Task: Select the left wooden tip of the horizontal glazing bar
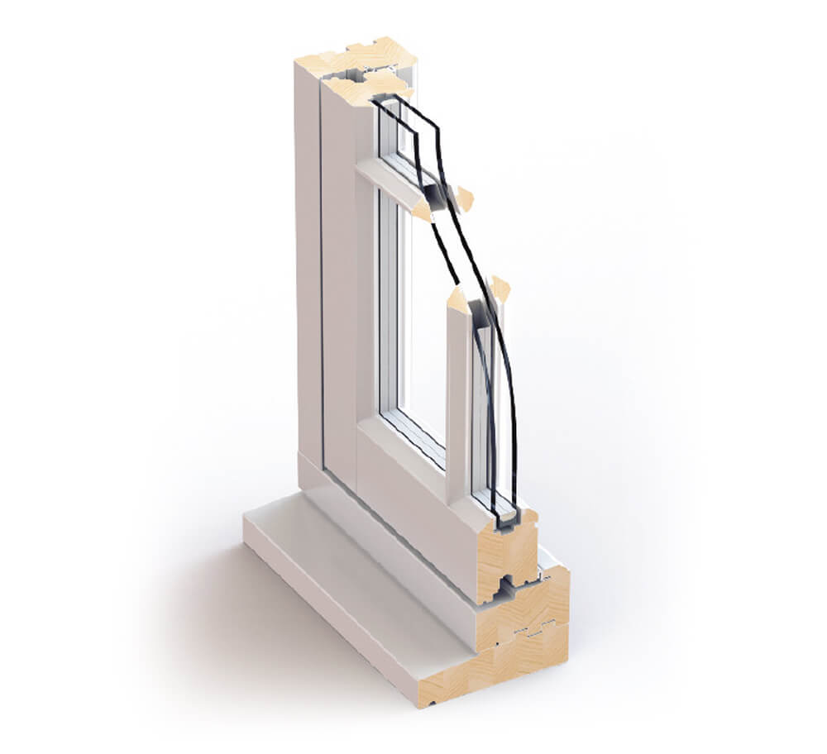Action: (422, 212)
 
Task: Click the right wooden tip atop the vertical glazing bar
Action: (500, 288)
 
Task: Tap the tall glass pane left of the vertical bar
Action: (422, 331)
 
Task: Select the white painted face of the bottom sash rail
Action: (413, 504)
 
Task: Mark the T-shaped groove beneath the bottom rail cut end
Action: (504, 588)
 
